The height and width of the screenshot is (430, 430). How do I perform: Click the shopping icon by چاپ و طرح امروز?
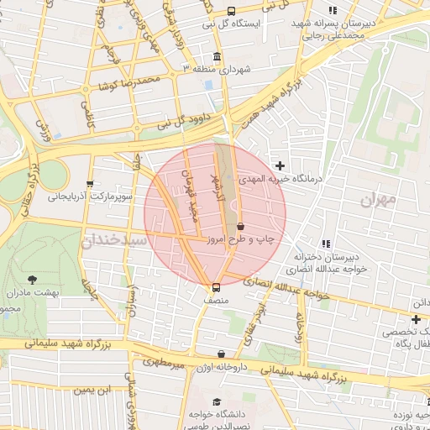tap(241, 227)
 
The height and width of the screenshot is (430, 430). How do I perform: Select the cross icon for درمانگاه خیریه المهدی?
tap(280, 166)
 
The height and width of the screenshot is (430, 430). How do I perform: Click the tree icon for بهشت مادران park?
tap(33, 279)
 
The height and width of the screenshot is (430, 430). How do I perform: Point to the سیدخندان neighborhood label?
tap(114, 241)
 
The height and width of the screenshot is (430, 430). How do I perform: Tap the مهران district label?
tap(377, 201)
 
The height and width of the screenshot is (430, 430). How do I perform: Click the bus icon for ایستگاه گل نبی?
tap(231, 11)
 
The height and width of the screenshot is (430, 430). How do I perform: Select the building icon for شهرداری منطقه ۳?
tap(218, 57)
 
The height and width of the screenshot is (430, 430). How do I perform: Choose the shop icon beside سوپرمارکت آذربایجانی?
tap(90, 184)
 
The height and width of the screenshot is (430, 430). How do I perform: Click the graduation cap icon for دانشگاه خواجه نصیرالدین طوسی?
tap(218, 402)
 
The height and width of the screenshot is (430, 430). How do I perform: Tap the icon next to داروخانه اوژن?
tap(221, 354)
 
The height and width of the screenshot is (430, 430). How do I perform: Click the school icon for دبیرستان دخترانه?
tap(327, 244)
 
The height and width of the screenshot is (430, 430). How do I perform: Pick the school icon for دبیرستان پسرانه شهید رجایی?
tap(333, 11)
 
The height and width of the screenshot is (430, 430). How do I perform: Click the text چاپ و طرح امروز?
tap(265, 240)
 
